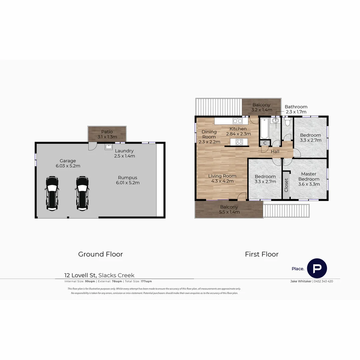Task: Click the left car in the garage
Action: pos(52,193)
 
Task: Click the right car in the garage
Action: pos(82,193)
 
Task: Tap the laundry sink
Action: pos(109,146)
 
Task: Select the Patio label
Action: pos(107,132)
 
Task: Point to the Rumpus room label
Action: pos(127,178)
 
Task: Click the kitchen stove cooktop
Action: pos(239,142)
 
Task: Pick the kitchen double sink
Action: pos(237,121)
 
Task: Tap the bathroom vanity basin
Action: pos(276,121)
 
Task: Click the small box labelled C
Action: pos(265,143)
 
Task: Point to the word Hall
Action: pos(275,152)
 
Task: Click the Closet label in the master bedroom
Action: pos(286,185)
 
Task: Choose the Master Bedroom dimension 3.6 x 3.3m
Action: pos(309,184)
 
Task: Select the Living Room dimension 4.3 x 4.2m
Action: pos(222,181)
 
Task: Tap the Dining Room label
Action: pos(209,134)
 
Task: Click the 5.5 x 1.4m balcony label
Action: pos(229,212)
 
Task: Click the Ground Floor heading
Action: pos(100,254)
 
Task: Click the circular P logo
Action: pos(317,268)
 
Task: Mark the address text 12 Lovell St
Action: pos(80,275)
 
